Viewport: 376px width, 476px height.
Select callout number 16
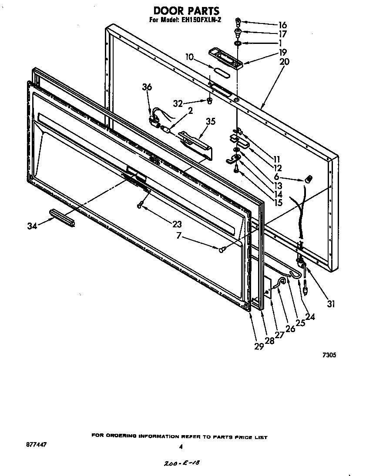(x=283, y=25)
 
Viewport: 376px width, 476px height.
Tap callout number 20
(x=284, y=61)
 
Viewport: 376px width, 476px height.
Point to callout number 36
(x=147, y=87)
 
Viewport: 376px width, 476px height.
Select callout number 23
(x=177, y=224)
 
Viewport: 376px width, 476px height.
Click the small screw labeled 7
(x=222, y=249)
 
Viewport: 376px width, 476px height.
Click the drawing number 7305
(x=329, y=355)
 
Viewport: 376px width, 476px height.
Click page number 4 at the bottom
(x=180, y=446)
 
